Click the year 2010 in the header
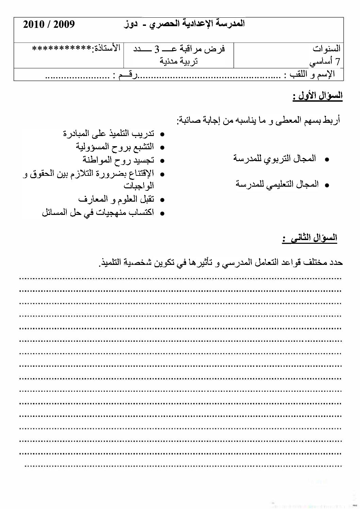click(34, 24)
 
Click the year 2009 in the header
click(64, 24)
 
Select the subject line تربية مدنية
click(179, 61)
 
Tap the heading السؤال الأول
click(318, 96)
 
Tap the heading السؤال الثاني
click(310, 238)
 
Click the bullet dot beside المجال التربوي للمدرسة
click(327, 159)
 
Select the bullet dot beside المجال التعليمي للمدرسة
click(327, 185)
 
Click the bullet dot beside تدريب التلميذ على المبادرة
click(162, 135)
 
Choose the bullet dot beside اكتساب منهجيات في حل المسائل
click(162, 214)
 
